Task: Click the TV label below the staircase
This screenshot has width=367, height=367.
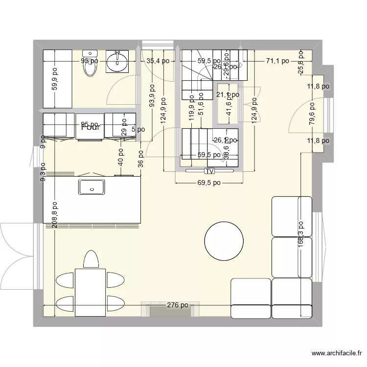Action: point(209,171)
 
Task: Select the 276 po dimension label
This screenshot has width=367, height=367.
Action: point(177,305)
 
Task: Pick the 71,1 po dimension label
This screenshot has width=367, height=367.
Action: point(277,61)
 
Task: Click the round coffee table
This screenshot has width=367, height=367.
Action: point(224,241)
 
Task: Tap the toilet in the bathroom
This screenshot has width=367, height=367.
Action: point(90,65)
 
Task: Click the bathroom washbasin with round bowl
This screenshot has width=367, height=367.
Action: point(117,62)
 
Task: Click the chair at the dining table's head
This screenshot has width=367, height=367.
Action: point(90,259)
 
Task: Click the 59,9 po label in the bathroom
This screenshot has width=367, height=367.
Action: point(55,78)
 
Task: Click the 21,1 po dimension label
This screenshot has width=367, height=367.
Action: point(228,95)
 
